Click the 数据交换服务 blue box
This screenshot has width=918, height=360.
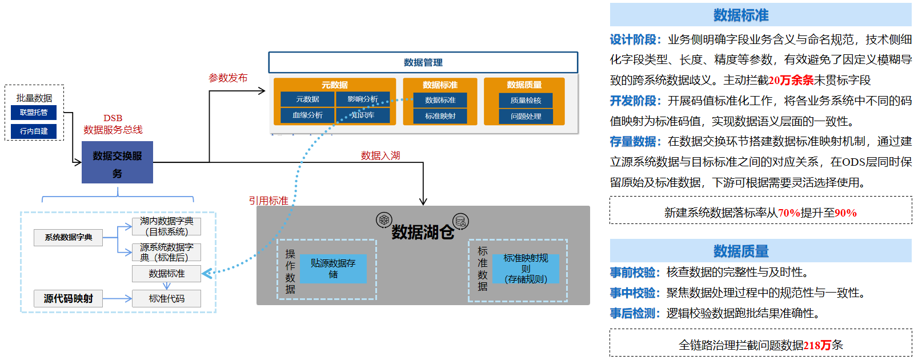tap(117, 162)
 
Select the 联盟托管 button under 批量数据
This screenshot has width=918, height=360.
tap(34, 113)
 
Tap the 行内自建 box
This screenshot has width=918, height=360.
tap(34, 131)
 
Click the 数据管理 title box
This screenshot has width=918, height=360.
tap(423, 62)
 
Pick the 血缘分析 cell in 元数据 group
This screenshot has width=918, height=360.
tap(307, 115)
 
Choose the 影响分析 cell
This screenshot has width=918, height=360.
tap(363, 99)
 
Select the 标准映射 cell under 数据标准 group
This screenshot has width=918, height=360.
tap(440, 116)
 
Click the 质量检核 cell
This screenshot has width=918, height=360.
tap(526, 101)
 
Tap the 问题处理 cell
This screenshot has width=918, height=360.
tap(526, 117)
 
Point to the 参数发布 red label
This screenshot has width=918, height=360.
tap(228, 78)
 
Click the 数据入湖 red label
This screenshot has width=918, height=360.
tap(380, 155)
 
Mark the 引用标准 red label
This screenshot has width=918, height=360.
tap(268, 201)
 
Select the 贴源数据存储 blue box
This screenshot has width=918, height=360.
tap(333, 269)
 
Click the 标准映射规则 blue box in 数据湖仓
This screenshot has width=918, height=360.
tap(526, 269)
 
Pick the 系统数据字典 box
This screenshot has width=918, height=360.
tap(68, 237)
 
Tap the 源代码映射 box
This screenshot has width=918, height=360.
tap(68, 298)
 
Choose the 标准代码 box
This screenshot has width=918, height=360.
tap(166, 298)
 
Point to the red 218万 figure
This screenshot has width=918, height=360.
tap(817, 345)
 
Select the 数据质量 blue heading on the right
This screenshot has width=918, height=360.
tap(740, 251)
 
